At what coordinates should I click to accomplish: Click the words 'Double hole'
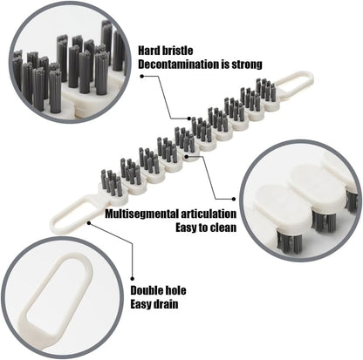pos(160,289)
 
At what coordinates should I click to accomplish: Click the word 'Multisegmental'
pos(136,212)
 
